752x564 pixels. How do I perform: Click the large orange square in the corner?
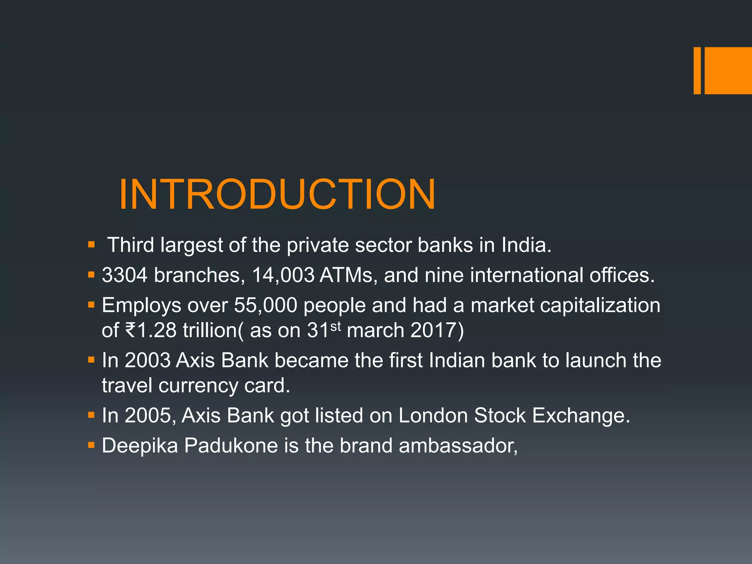(728, 70)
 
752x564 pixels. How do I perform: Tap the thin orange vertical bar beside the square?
(697, 70)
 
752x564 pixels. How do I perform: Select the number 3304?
(124, 275)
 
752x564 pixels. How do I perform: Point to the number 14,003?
(283, 275)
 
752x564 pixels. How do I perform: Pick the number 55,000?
(265, 305)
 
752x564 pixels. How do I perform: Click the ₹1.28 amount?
(151, 330)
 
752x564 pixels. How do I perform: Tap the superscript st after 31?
(336, 326)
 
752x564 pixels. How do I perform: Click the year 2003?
(147, 360)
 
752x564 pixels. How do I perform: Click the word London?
(433, 415)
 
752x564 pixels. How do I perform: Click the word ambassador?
(458, 445)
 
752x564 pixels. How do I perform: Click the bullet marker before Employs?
(91, 304)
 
